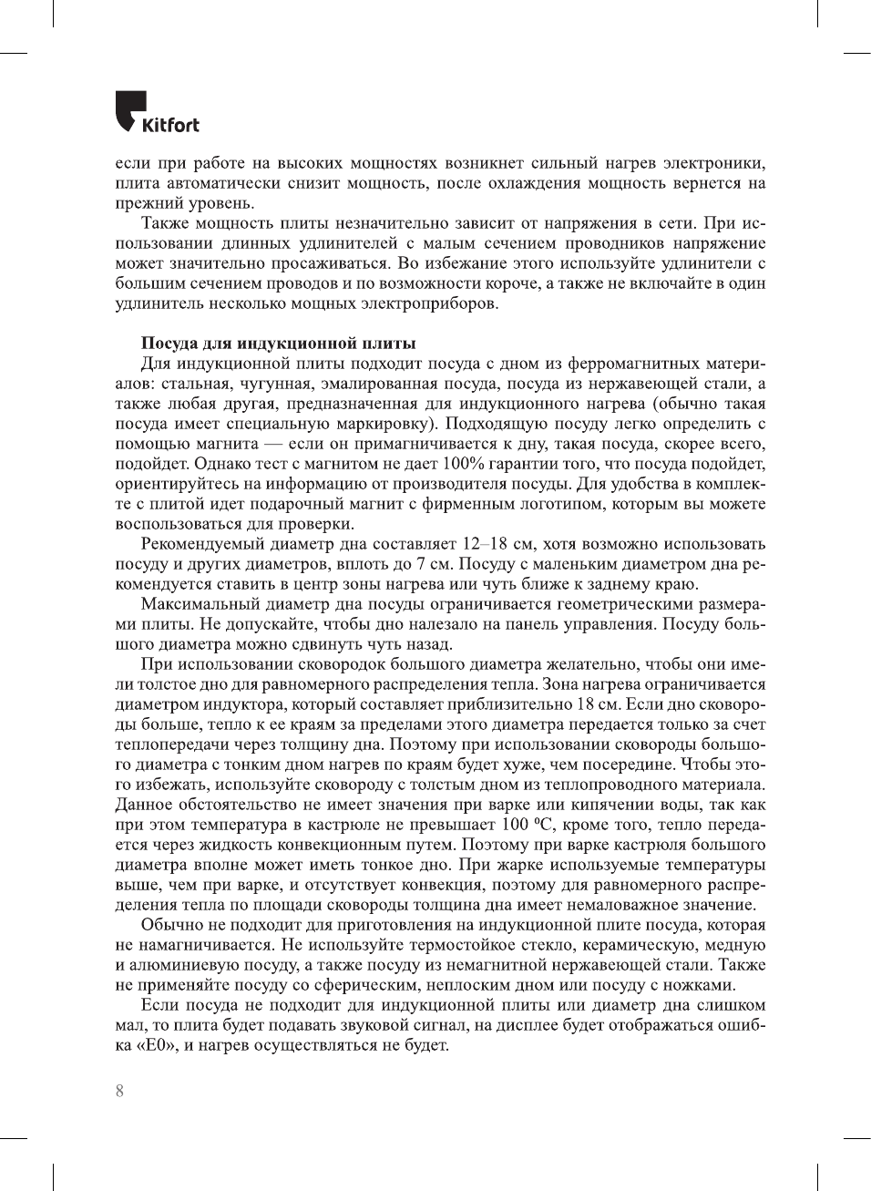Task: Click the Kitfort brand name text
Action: (x=170, y=125)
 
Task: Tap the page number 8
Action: (x=119, y=1091)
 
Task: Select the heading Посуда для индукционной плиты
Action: (x=278, y=344)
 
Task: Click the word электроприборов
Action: (x=431, y=303)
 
